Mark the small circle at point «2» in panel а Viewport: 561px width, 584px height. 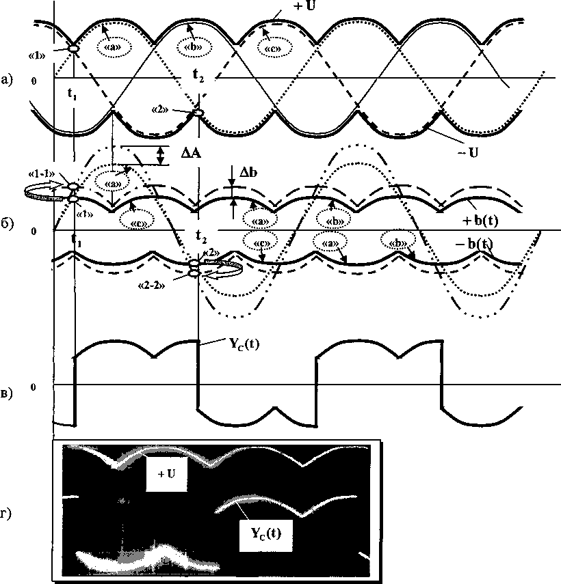coord(198,113)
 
